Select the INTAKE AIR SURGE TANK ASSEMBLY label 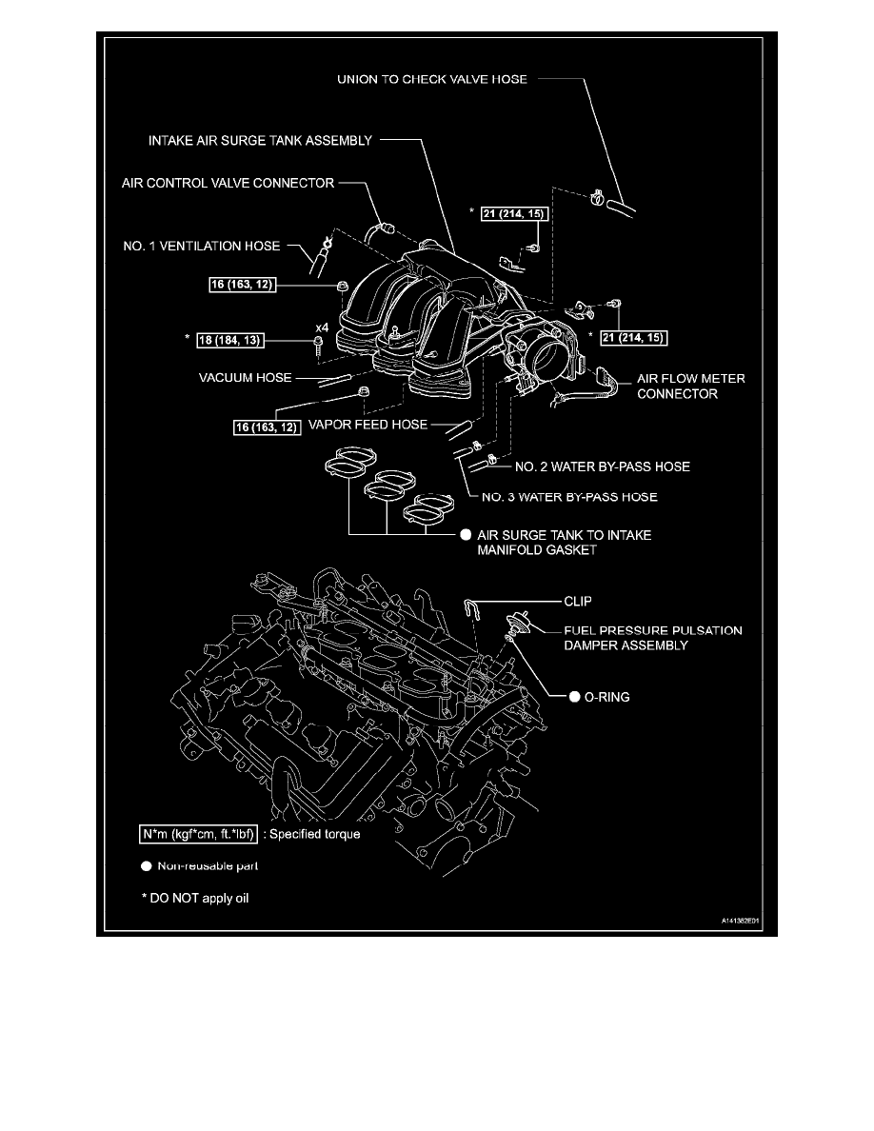tap(259, 141)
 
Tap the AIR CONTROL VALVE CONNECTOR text tap(228, 183)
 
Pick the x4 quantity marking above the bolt tap(323, 327)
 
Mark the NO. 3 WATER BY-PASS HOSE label tap(568, 497)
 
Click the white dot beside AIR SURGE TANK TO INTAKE tap(466, 535)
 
